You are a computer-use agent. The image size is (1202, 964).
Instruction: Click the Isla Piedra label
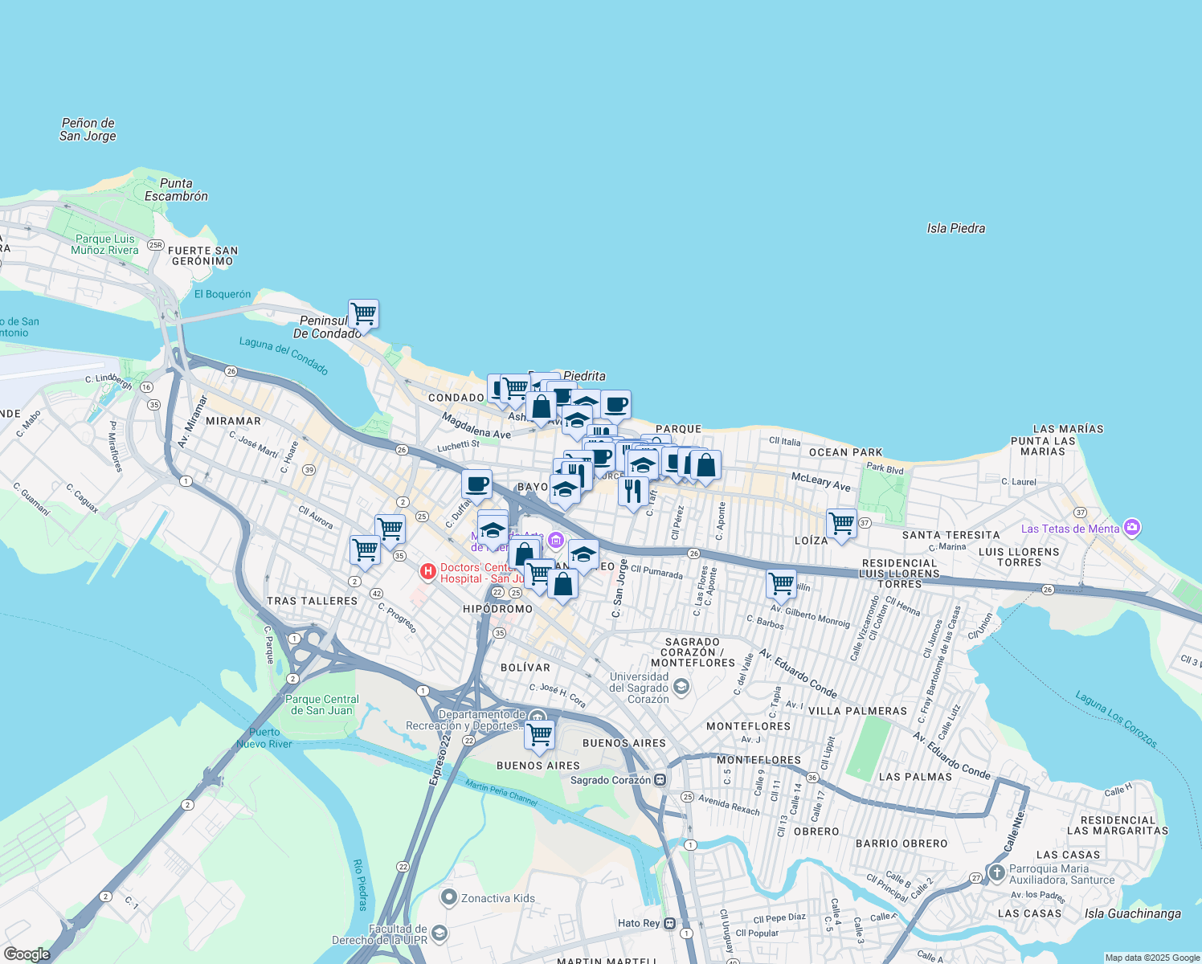tap(955, 228)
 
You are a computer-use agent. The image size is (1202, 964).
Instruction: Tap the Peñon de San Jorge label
tap(88, 129)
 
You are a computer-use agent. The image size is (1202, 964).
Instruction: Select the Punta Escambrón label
tap(176, 190)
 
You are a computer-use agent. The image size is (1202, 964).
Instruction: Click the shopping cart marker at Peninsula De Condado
tap(363, 313)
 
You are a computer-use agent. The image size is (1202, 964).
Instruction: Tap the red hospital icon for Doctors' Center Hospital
tap(428, 572)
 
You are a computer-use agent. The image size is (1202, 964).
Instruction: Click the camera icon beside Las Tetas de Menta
tap(1132, 528)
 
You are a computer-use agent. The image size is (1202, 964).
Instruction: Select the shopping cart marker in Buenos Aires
tap(539, 734)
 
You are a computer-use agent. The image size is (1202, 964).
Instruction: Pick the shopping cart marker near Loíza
tap(841, 524)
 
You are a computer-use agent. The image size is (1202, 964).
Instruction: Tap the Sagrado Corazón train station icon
tap(660, 779)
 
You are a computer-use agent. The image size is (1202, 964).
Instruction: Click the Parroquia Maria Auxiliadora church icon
tap(996, 873)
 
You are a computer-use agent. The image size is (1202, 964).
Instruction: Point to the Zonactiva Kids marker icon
tap(449, 897)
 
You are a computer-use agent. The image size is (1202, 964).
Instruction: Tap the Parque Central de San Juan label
tap(322, 705)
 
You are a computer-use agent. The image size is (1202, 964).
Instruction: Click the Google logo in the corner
tap(27, 954)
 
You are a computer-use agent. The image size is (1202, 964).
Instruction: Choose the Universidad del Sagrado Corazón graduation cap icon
tap(681, 686)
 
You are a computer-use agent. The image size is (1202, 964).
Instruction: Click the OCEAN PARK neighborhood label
tap(845, 452)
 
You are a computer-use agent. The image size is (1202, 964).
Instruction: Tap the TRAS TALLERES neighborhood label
tap(312, 601)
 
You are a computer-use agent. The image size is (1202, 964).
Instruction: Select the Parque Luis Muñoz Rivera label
tap(104, 244)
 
